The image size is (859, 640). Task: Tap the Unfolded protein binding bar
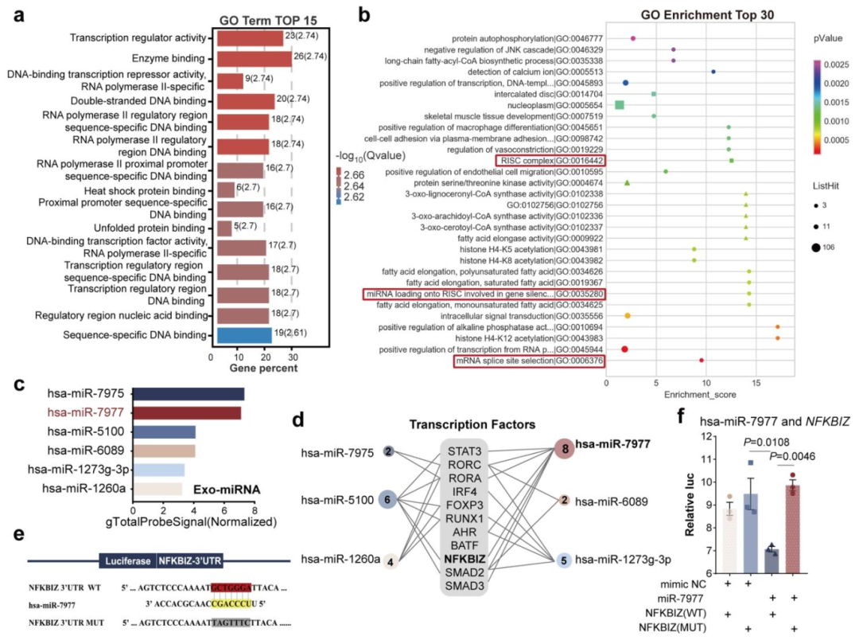[x=220, y=228]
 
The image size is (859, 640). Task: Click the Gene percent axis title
[x=258, y=370]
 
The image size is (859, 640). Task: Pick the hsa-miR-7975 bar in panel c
[x=188, y=393]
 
